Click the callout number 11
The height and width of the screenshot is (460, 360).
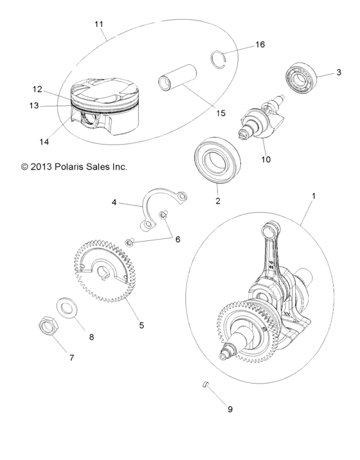tap(98, 24)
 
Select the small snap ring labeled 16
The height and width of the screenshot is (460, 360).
tap(221, 58)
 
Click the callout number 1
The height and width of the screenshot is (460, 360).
tap(314, 193)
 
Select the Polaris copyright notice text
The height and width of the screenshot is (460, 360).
tap(74, 166)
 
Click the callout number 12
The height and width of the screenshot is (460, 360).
tap(37, 89)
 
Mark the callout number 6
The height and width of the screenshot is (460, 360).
tap(177, 239)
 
